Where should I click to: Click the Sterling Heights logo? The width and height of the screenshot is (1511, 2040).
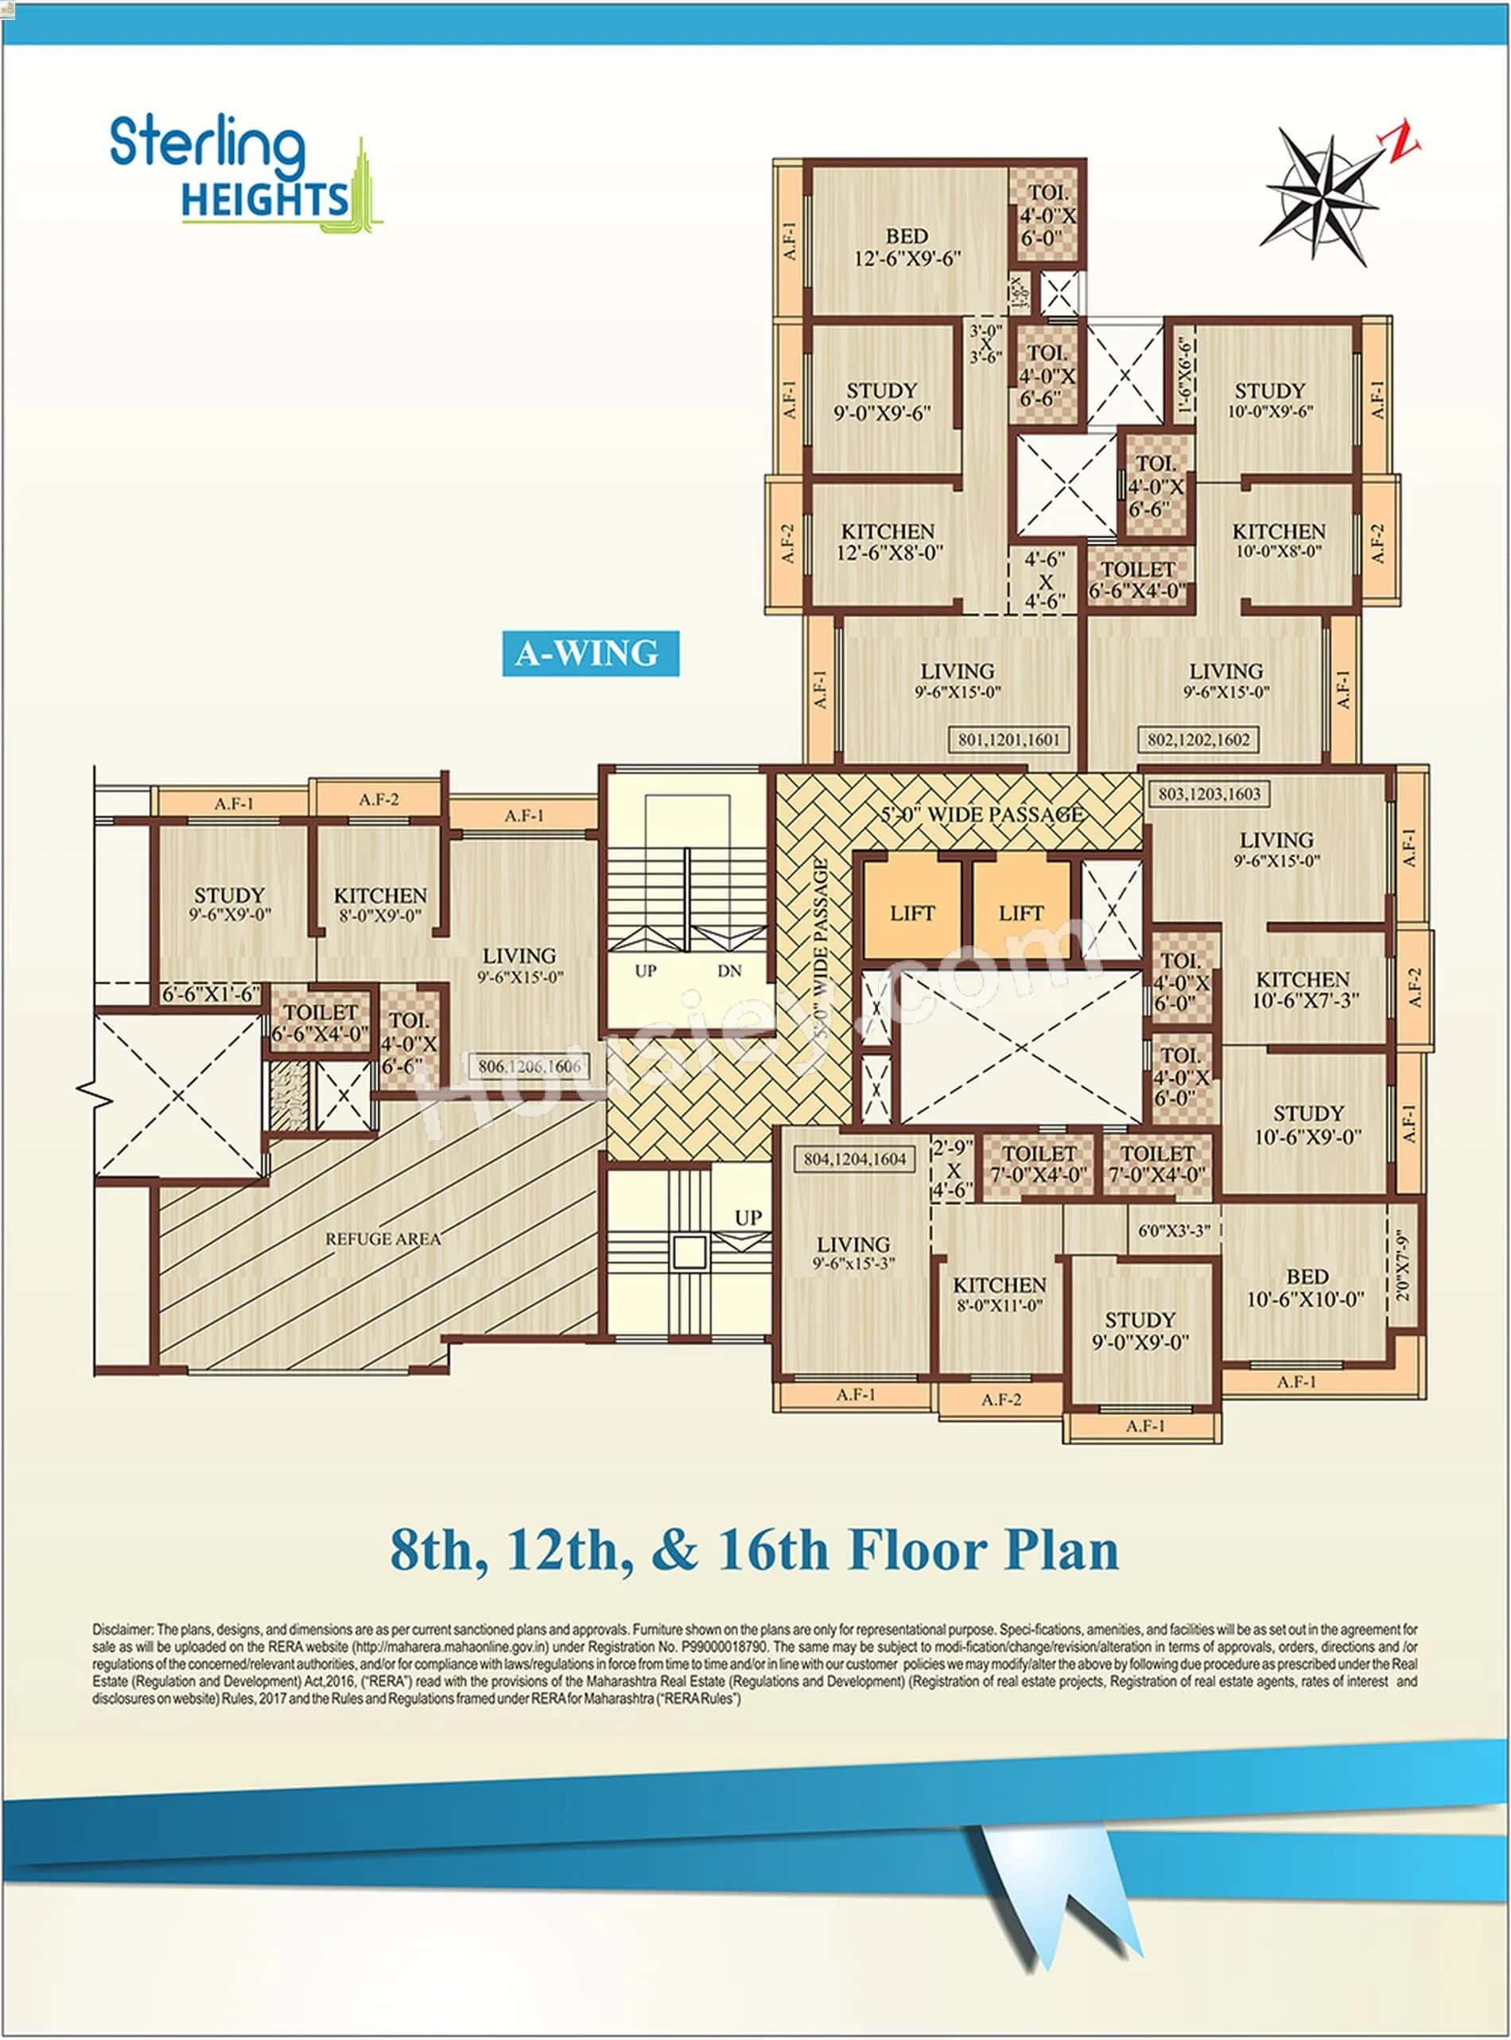click(x=244, y=173)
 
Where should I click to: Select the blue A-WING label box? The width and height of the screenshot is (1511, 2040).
click(x=590, y=653)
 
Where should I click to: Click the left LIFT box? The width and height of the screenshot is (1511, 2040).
click(x=912, y=912)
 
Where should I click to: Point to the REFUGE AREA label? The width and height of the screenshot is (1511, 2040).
click(x=383, y=1238)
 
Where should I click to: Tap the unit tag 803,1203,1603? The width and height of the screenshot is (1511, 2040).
click(x=1209, y=793)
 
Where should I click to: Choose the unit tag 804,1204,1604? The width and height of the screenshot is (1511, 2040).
click(x=854, y=1158)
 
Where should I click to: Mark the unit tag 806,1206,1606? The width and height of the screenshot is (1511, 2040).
click(x=529, y=1066)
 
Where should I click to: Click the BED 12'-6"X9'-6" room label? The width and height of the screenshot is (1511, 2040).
click(x=907, y=247)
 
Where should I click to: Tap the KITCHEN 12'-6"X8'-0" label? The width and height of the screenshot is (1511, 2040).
click(x=888, y=542)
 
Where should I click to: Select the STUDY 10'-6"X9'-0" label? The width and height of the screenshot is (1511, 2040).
click(x=1308, y=1125)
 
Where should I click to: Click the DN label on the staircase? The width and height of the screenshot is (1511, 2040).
click(x=729, y=970)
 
